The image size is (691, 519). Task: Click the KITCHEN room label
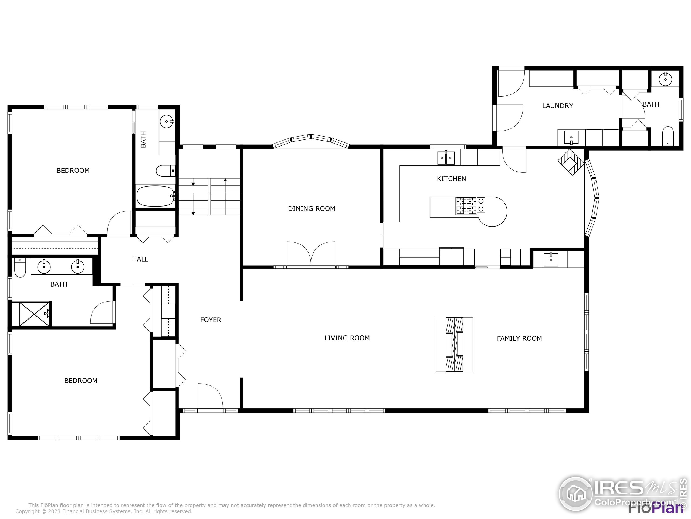pos(451,179)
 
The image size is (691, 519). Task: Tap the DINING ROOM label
pos(311,209)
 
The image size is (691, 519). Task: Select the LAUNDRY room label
pos(557,106)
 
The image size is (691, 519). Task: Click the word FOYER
pos(210,320)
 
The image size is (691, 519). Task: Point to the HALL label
pos(140,259)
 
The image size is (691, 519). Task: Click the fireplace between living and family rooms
pos(454,344)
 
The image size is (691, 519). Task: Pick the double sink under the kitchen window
pos(446,158)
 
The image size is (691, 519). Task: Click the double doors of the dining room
pos(311,254)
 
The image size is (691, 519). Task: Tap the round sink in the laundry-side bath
pos(665,79)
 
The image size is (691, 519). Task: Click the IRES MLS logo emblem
pos(575,494)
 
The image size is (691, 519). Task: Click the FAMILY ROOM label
pos(519,338)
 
